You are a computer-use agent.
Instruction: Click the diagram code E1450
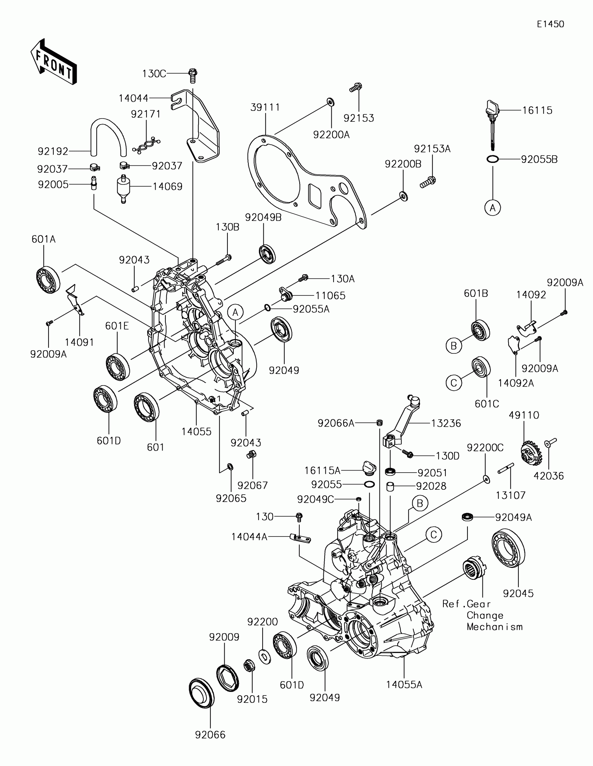point(550,24)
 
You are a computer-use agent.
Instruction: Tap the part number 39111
point(265,107)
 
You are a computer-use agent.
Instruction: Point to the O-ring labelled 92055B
point(493,159)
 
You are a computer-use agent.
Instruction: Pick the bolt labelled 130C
point(193,75)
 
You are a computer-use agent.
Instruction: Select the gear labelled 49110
point(531,454)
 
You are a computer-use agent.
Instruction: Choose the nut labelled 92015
point(249,665)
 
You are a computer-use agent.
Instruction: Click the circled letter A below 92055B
point(493,208)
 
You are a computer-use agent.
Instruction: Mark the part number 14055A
point(404,684)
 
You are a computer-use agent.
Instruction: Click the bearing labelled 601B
point(480,330)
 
